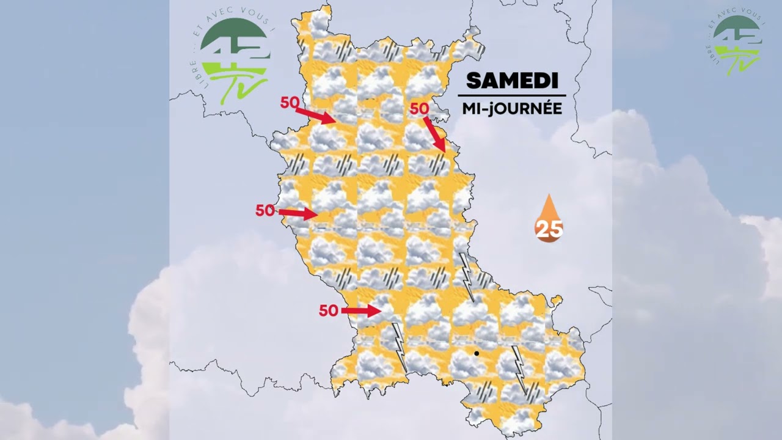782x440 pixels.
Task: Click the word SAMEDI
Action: (x=512, y=81)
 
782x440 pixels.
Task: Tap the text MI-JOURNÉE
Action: (x=512, y=108)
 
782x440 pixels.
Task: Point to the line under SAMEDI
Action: (x=512, y=95)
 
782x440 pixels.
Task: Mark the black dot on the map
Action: (x=477, y=353)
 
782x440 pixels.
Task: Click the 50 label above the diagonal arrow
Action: (x=419, y=109)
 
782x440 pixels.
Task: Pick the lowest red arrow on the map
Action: (x=361, y=311)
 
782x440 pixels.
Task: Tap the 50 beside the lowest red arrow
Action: (x=329, y=311)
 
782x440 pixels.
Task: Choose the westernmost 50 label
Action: (x=265, y=211)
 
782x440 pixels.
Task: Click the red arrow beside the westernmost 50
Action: (x=298, y=213)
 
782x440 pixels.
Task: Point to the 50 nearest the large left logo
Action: (x=290, y=103)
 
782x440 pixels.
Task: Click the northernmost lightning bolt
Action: (x=467, y=277)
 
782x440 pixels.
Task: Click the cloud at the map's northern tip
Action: (x=318, y=24)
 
